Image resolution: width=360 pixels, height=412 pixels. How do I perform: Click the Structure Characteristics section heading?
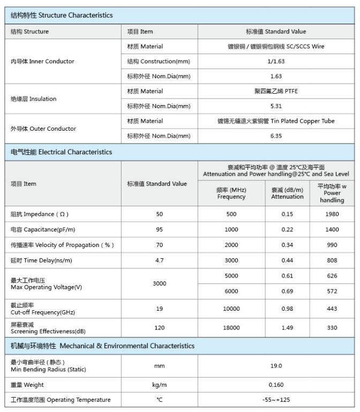[62, 15]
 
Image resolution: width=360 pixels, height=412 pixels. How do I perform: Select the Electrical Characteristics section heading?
[62, 152]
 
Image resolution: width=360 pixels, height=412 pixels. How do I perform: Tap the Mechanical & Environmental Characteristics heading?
[102, 346]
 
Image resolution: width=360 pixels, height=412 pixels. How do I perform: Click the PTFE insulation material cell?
[276, 91]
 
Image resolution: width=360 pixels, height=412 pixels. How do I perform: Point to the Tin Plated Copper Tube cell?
[276, 121]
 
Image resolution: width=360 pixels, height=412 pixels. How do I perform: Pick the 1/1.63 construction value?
[276, 62]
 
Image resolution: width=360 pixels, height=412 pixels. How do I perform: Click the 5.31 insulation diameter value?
[276, 106]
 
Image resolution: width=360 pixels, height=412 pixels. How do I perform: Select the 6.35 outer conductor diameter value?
[276, 136]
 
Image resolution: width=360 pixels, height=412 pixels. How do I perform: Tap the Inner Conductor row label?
[42, 62]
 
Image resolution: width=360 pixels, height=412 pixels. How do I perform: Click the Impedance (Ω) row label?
[40, 214]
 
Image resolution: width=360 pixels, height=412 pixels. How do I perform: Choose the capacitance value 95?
[159, 229]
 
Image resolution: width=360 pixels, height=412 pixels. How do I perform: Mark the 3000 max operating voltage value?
[159, 283]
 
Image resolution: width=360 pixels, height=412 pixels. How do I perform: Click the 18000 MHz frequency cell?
[231, 328]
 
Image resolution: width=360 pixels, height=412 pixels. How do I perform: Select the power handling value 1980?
[332, 214]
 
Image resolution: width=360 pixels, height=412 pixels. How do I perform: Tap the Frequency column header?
[231, 193]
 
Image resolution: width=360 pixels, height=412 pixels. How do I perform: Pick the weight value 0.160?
[276, 385]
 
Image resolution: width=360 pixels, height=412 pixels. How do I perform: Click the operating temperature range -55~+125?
[276, 400]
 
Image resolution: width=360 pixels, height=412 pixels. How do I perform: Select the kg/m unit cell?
[159, 385]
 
